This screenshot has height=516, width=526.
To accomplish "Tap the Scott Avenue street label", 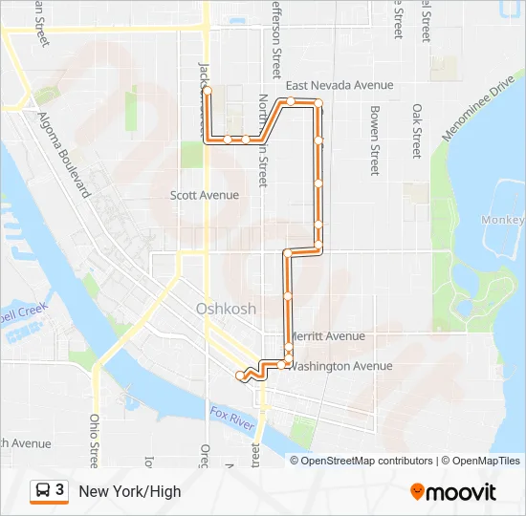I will click(204, 195).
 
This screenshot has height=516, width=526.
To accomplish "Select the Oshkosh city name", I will click(226, 309).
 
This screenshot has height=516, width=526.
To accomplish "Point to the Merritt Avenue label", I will click(326, 336).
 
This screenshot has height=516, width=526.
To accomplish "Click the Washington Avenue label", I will click(340, 366).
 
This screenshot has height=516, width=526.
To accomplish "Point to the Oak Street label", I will click(416, 132).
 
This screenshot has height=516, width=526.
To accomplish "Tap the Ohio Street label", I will click(95, 441).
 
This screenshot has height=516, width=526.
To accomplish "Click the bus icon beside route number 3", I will click(43, 491).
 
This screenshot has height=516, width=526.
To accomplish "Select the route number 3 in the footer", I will click(60, 491).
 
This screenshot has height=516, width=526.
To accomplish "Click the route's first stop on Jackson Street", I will click(207, 90).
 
